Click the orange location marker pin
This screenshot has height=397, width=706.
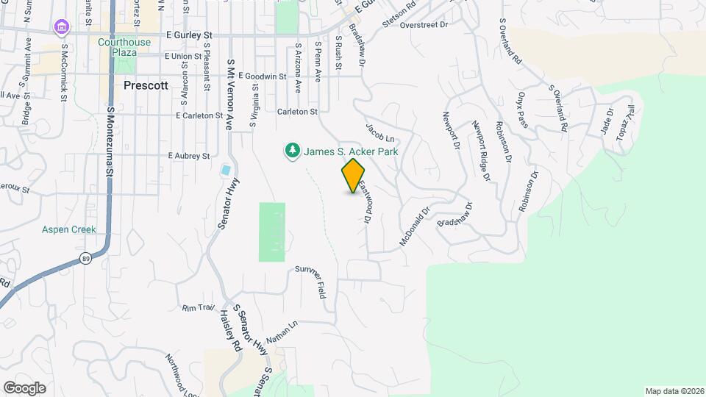click(x=353, y=175)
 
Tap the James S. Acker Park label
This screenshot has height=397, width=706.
click(x=352, y=151)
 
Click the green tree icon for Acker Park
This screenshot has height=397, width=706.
click(x=293, y=151)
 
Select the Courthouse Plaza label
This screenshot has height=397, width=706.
click(x=124, y=47)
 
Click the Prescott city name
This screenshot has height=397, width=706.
click(x=146, y=85)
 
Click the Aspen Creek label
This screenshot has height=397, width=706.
click(x=69, y=229)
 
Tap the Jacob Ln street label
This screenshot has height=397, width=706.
click(x=381, y=132)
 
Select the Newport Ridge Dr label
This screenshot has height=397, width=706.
click(x=481, y=150)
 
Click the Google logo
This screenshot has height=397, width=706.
click(x=24, y=387)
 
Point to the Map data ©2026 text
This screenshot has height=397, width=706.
click(x=674, y=391)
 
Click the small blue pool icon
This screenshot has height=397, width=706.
click(x=226, y=171)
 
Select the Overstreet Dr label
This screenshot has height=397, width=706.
click(x=424, y=24)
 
